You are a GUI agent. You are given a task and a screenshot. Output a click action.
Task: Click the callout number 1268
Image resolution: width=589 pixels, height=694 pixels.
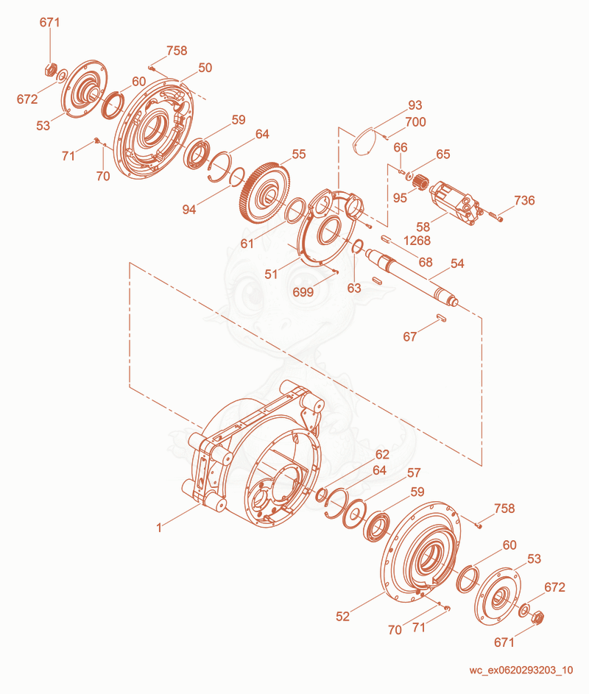tap(417, 241)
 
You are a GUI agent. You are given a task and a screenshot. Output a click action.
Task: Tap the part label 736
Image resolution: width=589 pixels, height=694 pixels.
tap(524, 200)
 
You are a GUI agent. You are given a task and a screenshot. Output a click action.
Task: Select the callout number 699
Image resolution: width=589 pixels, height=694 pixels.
tap(303, 292)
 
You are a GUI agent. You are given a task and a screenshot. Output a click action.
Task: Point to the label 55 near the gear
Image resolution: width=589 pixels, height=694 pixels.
tap(299, 154)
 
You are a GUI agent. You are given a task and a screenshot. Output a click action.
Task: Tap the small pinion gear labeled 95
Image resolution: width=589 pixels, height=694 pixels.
tap(420, 182)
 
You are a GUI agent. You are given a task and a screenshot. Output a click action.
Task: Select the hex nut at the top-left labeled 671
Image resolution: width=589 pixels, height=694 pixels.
tap(52, 69)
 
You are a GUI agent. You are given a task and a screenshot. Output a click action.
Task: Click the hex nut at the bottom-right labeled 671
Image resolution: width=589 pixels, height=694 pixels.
tap(537, 617)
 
